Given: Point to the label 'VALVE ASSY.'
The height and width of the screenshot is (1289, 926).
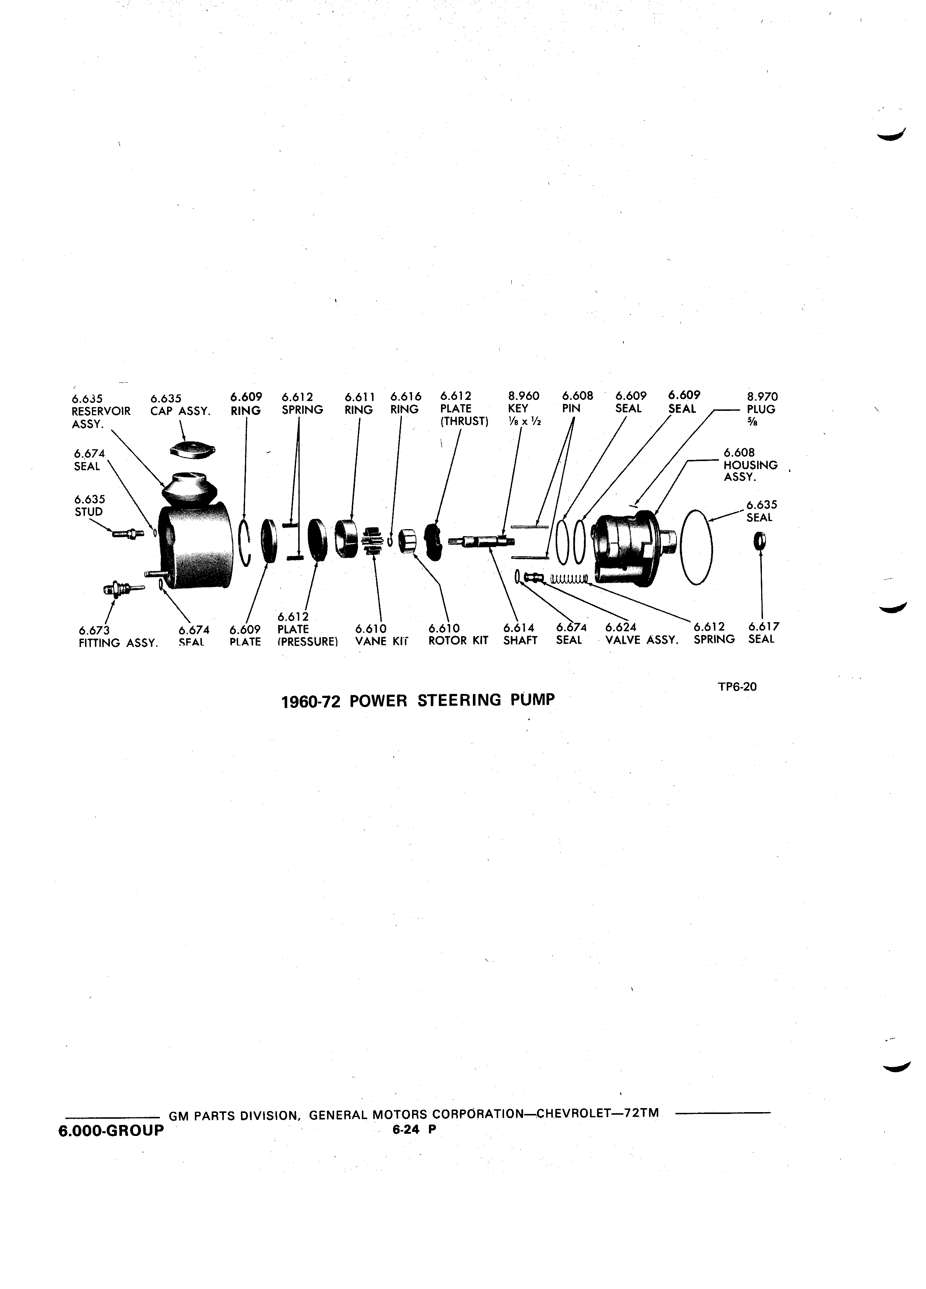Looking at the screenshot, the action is click(642, 640).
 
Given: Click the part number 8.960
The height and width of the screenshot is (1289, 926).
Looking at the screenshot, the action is click(523, 396).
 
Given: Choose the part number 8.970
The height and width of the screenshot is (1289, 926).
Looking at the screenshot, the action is click(762, 397).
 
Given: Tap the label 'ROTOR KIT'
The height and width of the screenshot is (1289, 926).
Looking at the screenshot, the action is click(458, 640).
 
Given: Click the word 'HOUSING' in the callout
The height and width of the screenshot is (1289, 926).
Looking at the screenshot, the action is click(750, 465).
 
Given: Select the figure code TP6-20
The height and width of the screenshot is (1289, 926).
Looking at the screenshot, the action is click(737, 687).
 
